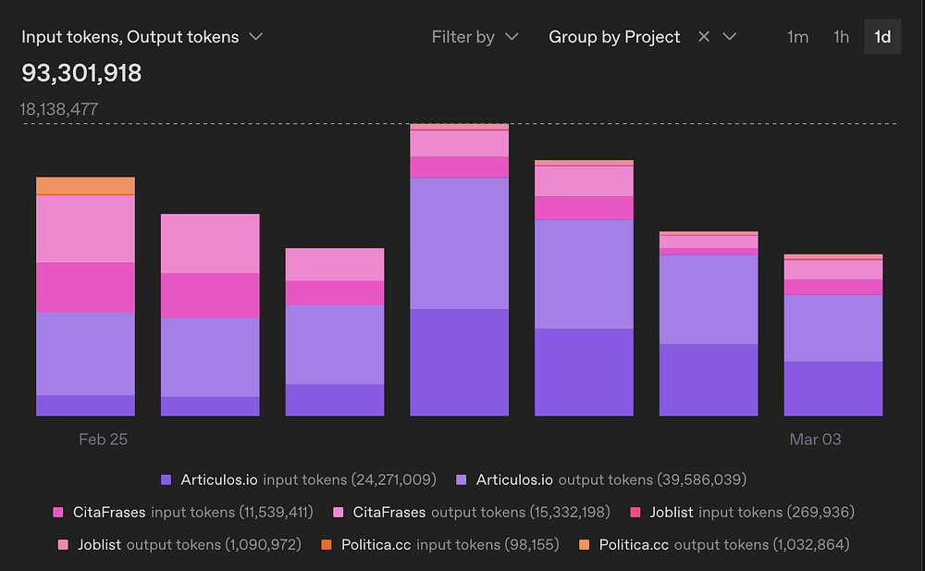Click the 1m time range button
point(797,37)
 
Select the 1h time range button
point(841,37)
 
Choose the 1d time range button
point(882,37)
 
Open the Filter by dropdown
point(475,37)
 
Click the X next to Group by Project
point(704,37)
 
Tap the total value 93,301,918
point(81,73)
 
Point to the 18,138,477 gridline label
point(59,109)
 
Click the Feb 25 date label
point(103,440)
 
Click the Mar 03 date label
point(815,440)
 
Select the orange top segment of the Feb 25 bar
point(85,185)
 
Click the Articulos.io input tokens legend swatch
point(166,479)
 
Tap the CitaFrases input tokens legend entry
point(183,512)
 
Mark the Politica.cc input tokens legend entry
point(440,544)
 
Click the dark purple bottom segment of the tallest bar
point(459,362)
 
